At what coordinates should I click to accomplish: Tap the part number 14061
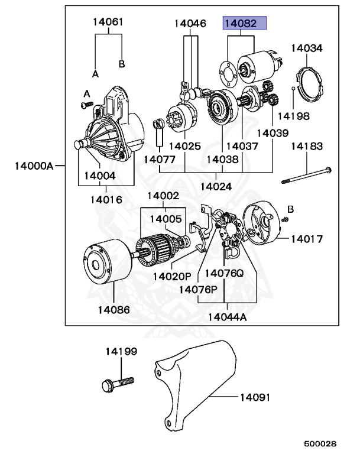pyautogui.click(x=108, y=22)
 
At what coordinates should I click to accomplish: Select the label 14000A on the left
pyautogui.click(x=34, y=166)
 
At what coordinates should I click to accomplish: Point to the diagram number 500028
pyautogui.click(x=320, y=443)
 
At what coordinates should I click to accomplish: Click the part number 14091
pyautogui.click(x=255, y=397)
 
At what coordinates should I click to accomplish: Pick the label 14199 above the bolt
pyautogui.click(x=121, y=352)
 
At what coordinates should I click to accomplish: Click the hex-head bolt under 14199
pyautogui.click(x=118, y=384)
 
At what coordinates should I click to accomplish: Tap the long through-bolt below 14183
pyautogui.click(x=307, y=176)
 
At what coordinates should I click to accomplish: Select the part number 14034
pyautogui.click(x=307, y=48)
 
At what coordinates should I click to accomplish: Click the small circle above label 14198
pyautogui.click(x=293, y=88)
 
